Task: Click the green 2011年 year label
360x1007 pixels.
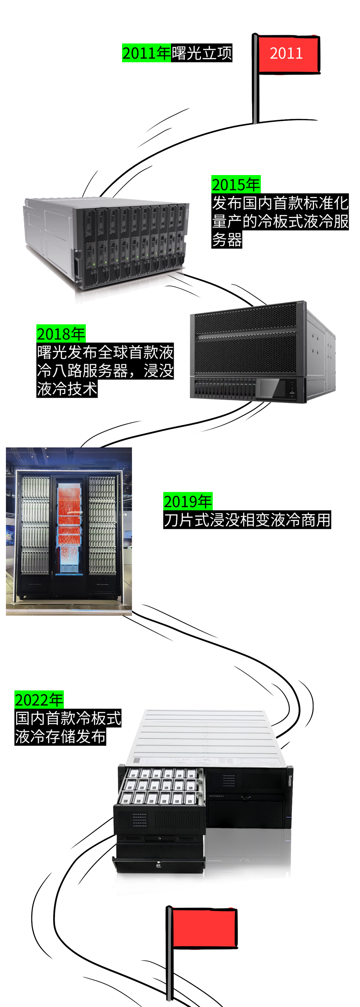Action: [146, 53]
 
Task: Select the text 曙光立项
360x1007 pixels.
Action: [202, 53]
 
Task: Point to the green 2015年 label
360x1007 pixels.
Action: [236, 184]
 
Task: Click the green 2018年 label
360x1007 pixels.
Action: [61, 334]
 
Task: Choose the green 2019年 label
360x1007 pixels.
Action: [188, 501]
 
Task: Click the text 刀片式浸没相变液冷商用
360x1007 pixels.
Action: [247, 520]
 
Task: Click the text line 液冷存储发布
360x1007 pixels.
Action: [60, 737]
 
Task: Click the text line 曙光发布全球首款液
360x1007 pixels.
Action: [105, 352]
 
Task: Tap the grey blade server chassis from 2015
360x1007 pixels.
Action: [106, 242]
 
